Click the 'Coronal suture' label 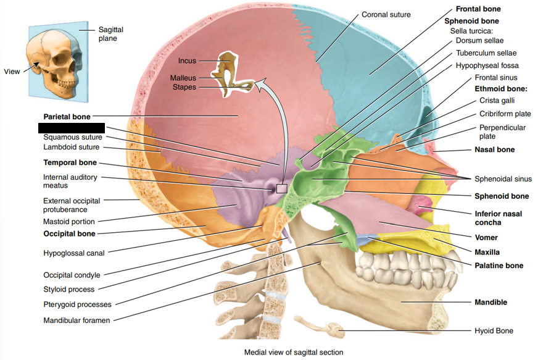point(386,14)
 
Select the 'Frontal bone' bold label point(478,9)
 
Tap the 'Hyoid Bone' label point(494,331)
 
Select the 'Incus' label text point(187,61)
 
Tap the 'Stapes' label point(184,87)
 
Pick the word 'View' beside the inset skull point(12,72)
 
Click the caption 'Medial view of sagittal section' point(294,352)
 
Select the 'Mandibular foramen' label point(77,320)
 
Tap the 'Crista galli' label point(497,100)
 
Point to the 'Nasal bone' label point(494,149)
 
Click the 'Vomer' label point(486,237)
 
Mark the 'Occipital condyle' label point(72,275)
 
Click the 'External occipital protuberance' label point(72,204)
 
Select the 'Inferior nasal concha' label point(498,218)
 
